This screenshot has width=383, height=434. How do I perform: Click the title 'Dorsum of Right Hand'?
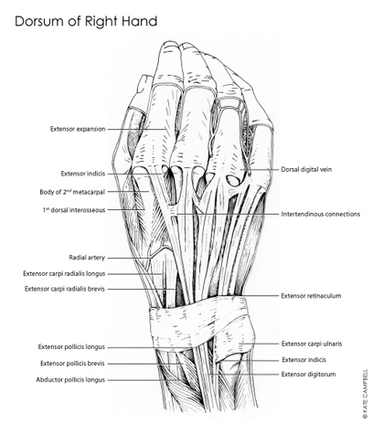coord(86,22)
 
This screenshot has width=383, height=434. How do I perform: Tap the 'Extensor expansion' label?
coord(78,129)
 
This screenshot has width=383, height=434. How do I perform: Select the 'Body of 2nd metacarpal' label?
coord(72,192)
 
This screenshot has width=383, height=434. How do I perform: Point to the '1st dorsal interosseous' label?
coord(74,210)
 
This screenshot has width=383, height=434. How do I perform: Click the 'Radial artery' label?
coord(87,258)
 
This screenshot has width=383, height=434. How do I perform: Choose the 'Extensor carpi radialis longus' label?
coord(64,273)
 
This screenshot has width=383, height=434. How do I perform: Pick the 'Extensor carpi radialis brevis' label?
coord(65,289)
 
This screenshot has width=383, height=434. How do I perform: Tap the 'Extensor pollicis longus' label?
coord(71,347)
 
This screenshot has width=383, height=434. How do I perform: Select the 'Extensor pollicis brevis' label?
coord(72,364)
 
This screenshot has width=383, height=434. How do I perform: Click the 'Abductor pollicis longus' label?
coord(70,380)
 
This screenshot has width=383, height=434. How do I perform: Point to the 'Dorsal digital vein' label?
coord(306,169)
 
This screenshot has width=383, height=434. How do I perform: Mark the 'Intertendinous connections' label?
coord(321,214)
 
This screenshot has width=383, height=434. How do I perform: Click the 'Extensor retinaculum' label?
coord(311,296)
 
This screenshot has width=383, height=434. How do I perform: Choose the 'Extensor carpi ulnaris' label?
coord(312,344)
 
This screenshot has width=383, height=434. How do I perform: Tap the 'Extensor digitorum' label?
coord(308,374)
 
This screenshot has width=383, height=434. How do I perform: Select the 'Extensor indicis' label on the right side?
coord(303,360)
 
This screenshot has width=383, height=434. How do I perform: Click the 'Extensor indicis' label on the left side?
coord(83,174)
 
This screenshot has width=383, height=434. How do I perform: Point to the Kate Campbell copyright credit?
coord(366,394)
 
